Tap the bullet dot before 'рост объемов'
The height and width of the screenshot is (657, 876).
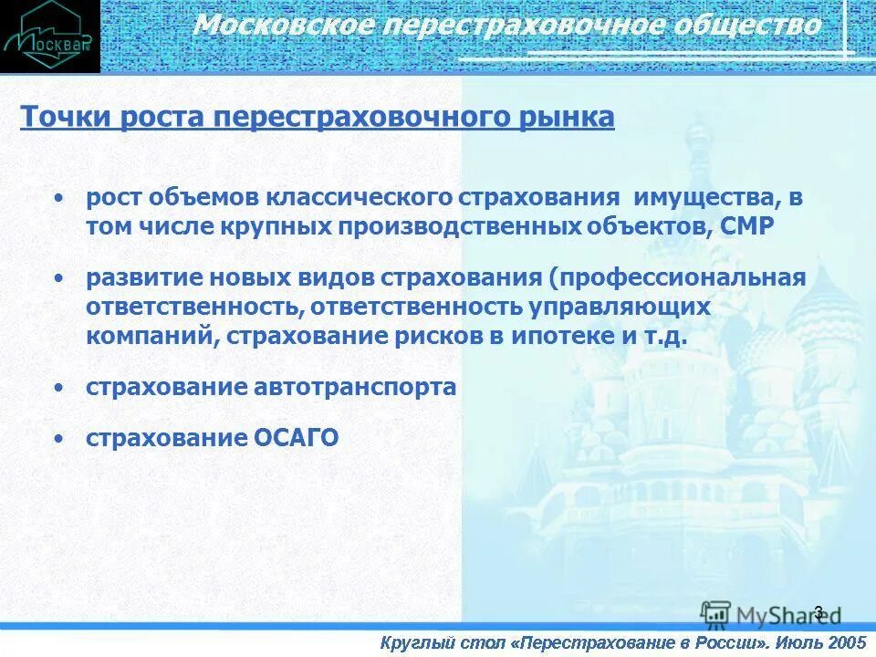(x=59, y=197)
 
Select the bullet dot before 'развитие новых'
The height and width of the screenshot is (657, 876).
(x=59, y=276)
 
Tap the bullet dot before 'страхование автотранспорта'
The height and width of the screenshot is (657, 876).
(x=59, y=387)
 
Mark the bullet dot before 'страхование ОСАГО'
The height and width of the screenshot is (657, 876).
(x=59, y=439)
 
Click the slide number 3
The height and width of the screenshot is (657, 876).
(x=818, y=612)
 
